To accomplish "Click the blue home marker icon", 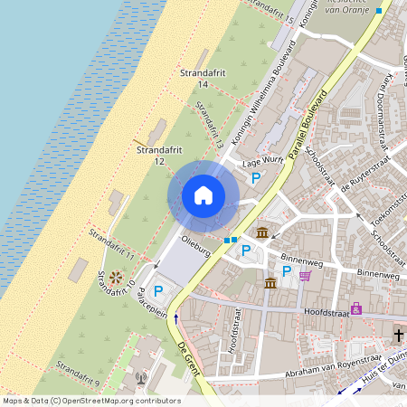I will (x=203, y=195).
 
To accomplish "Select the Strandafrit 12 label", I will (x=151, y=155).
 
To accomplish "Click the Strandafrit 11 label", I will (x=111, y=246).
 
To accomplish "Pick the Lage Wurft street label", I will (x=263, y=162).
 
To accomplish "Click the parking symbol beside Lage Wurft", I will (x=256, y=179).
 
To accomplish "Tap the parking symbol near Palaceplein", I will (x=159, y=290).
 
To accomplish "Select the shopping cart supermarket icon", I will (x=306, y=276).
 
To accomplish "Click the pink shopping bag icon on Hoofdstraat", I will (x=356, y=308).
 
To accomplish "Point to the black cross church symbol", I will (x=398, y=335).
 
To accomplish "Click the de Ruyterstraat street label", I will (x=343, y=166).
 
